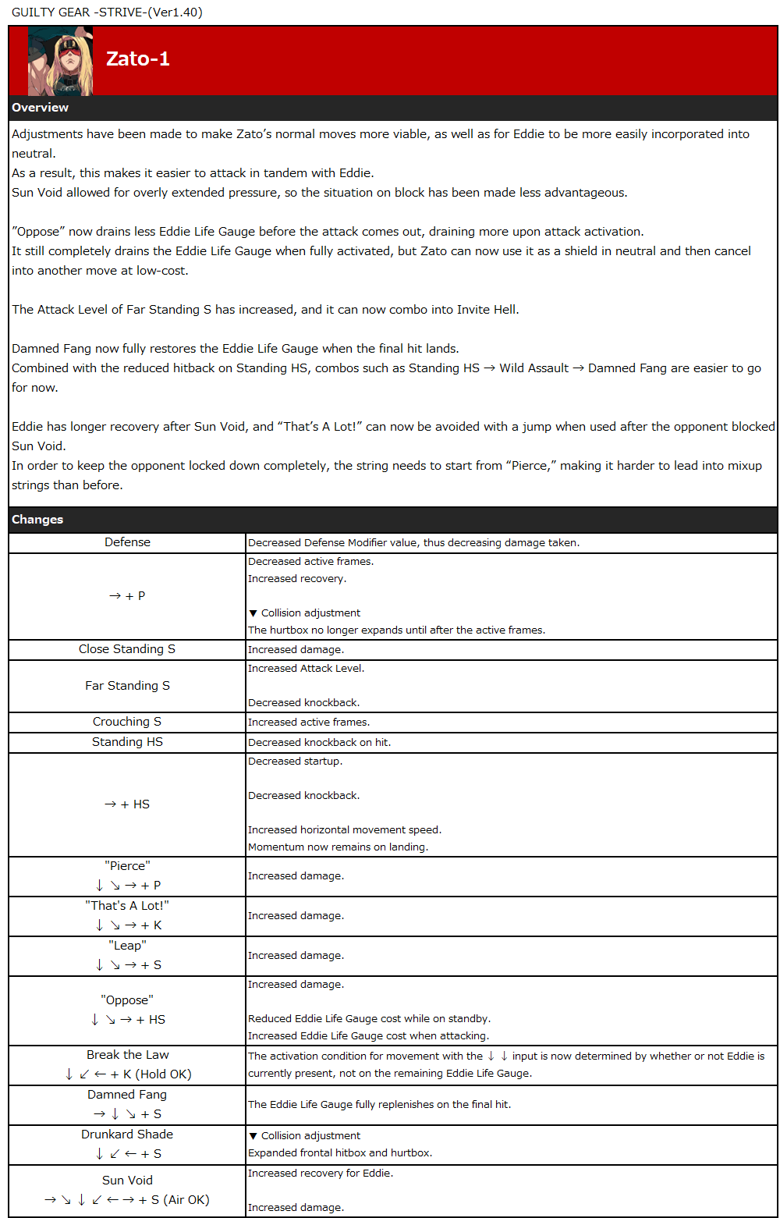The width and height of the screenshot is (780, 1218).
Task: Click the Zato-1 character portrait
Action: (x=60, y=61)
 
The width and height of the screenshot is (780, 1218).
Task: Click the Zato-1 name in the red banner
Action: (x=138, y=59)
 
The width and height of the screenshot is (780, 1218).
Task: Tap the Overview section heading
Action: (x=41, y=108)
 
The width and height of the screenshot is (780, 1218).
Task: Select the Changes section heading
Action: (x=37, y=520)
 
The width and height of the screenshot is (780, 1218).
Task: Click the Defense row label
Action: (x=127, y=542)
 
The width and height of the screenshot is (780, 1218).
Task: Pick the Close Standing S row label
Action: (x=127, y=649)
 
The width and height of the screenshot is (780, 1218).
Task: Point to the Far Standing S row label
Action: (x=127, y=686)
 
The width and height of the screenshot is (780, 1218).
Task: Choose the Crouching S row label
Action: (x=127, y=722)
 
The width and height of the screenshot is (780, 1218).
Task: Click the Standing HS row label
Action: (x=127, y=742)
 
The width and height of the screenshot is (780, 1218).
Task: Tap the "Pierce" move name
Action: (x=127, y=866)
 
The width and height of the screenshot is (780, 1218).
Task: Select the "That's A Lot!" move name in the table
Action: (x=127, y=906)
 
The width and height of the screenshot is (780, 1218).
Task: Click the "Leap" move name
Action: (x=127, y=946)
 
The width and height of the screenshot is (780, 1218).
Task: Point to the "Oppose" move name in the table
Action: (x=127, y=1000)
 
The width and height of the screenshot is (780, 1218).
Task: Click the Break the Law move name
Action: (x=127, y=1055)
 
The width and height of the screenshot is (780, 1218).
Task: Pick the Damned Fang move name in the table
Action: (x=127, y=1095)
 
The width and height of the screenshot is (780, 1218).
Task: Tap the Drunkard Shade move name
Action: (x=127, y=1135)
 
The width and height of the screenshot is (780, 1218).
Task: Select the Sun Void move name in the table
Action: (x=127, y=1181)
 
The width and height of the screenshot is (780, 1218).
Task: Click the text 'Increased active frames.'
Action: (x=309, y=723)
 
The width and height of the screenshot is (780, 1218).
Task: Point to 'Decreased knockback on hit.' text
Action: (x=319, y=743)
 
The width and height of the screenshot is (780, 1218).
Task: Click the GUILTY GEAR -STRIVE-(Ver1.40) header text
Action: (x=107, y=12)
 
